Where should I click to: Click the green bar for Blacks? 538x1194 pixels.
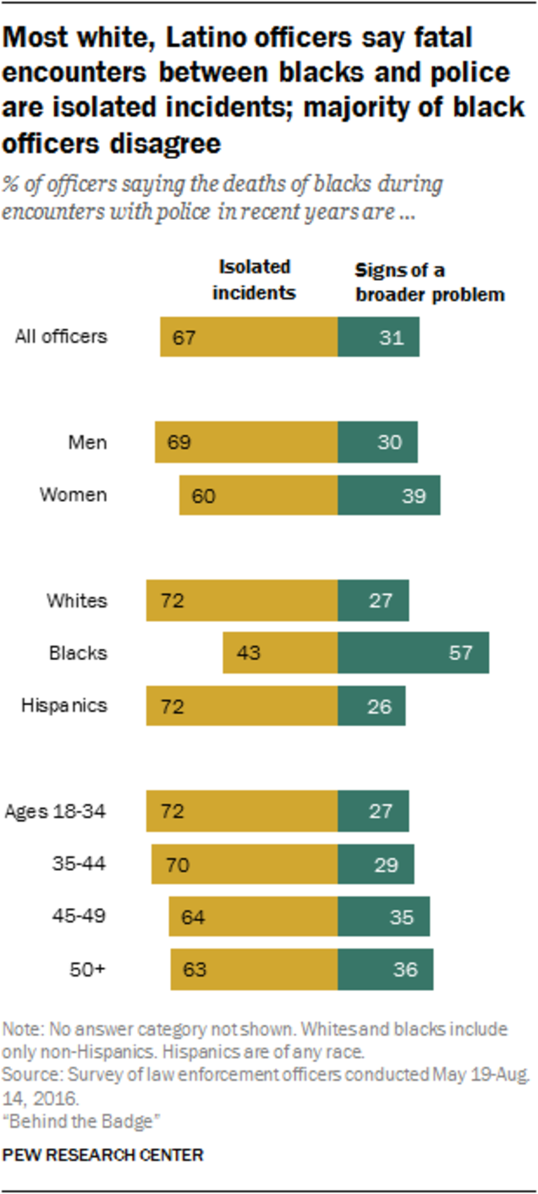[x=413, y=652]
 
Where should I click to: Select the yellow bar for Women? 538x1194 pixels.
[x=258, y=495]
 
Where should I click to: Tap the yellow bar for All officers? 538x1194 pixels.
[x=249, y=336]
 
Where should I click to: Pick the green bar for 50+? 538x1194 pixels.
[x=385, y=969]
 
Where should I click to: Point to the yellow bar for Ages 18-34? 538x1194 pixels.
[x=242, y=811]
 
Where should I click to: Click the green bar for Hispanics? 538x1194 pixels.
[x=371, y=705]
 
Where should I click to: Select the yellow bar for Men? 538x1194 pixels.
[x=246, y=442]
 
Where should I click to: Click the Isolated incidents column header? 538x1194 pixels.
[x=254, y=280]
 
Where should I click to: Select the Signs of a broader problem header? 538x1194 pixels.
[x=428, y=283]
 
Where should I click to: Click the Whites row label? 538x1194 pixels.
[x=77, y=601]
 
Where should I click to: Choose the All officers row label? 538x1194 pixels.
[x=62, y=336]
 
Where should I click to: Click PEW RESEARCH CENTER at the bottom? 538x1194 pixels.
[x=103, y=1154]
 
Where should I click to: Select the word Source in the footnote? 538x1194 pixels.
[x=26, y=1074]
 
